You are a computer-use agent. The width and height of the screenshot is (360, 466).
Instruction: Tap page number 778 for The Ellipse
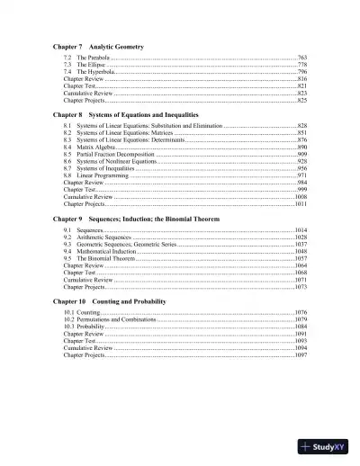302,65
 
